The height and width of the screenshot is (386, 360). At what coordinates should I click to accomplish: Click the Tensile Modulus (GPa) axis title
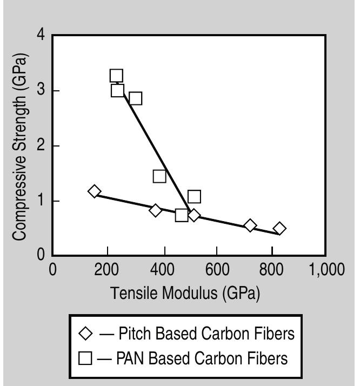(x=185, y=294)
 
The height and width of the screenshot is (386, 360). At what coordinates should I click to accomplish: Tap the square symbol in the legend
(x=86, y=358)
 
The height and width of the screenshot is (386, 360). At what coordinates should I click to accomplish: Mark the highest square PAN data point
(x=116, y=76)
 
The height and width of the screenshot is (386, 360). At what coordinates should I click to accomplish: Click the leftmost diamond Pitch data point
(x=95, y=191)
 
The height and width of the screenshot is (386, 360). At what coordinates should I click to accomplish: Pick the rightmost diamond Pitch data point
(x=279, y=228)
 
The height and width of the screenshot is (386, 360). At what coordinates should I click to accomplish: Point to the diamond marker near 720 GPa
(x=250, y=225)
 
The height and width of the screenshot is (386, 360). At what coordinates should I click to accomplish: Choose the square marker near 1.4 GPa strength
(x=159, y=176)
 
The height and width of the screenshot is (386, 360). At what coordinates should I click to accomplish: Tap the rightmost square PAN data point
(x=194, y=196)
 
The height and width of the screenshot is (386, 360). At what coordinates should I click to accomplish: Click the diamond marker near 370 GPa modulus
(x=156, y=210)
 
